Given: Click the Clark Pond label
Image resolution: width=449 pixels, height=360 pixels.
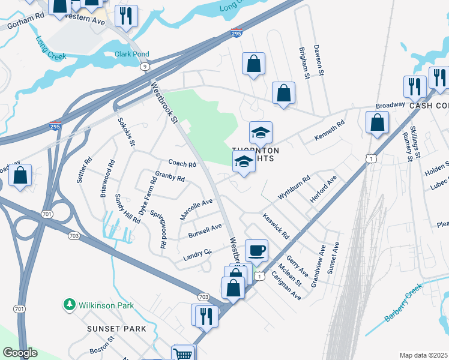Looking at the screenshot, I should tap(131, 54).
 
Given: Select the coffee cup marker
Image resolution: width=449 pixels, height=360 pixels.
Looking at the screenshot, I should tap(256, 250).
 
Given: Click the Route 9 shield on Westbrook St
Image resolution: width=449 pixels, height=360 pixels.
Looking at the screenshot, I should tap(145, 67).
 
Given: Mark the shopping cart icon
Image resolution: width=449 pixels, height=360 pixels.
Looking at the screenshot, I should tap(183, 353).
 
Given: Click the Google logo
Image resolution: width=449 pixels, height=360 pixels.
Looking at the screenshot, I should tap(19, 353).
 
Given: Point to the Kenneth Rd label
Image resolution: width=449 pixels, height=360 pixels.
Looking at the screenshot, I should tap(330, 131).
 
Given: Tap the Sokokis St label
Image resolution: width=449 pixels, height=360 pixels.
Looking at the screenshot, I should tap(127, 134).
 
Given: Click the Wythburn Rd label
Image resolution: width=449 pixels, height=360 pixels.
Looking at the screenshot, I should tap(294, 188).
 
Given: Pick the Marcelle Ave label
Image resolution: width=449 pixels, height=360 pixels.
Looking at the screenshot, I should tap(196, 209).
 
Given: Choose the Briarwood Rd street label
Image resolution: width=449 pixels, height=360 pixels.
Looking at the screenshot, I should tap(110, 175).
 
